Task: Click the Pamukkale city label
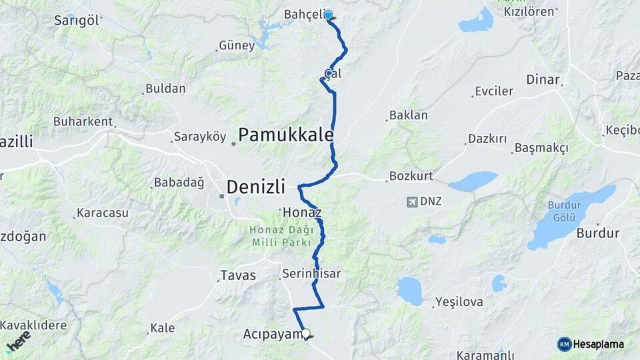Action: [285, 135]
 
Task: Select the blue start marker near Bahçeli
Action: [328, 15]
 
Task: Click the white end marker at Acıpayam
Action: [306, 333]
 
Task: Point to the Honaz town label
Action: [302, 213]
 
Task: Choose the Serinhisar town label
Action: [311, 273]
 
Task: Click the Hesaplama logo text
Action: [597, 344]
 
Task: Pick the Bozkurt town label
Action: [411, 177]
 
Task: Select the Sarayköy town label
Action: [200, 137]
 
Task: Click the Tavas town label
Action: [238, 275]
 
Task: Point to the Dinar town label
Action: [543, 79]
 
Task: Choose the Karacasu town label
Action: [102, 213]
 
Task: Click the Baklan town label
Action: [408, 115]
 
